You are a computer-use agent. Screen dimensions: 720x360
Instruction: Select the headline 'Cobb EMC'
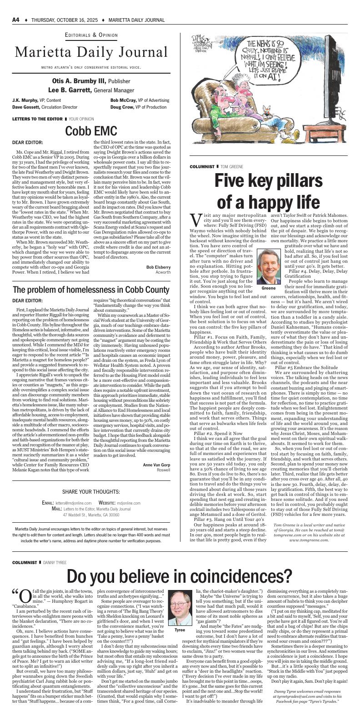[91, 131]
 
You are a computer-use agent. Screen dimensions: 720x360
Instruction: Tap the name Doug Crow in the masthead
[121, 107]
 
